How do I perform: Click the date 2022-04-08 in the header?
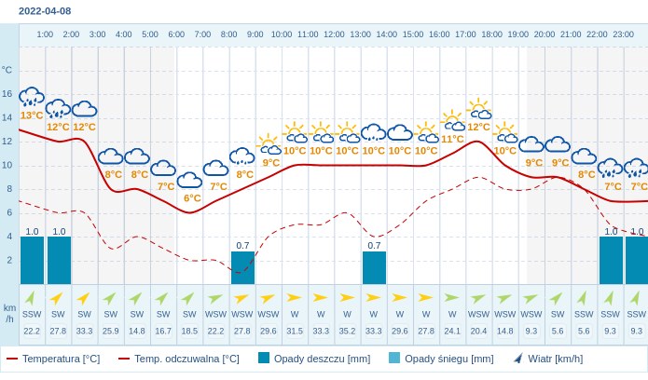click(45, 11)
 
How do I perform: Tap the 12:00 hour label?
click(334, 34)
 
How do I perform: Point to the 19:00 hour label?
click(517, 34)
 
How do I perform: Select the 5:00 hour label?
click(149, 34)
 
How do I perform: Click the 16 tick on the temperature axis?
click(7, 94)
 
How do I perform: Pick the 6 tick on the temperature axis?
click(9, 212)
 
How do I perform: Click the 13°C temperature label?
click(32, 115)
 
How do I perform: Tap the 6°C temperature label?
click(192, 198)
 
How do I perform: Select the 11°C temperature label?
click(452, 140)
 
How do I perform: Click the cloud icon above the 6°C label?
click(190, 180)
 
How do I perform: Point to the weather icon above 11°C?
click(453, 121)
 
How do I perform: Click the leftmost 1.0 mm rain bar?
click(33, 260)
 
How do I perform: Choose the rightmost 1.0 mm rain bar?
click(637, 260)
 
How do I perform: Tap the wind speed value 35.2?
click(347, 331)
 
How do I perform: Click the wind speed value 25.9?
click(110, 331)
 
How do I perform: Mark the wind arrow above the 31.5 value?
click(295, 298)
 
